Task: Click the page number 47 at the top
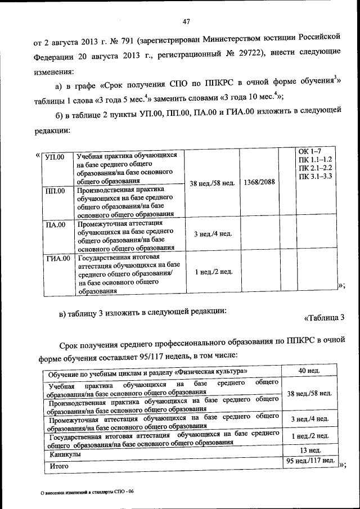pos(187,21)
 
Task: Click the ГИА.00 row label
pos(57,258)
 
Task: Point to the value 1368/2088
pos(259,182)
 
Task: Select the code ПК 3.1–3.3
pos(316,177)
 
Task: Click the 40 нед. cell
pos(309,372)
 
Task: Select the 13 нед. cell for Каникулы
pos(310,451)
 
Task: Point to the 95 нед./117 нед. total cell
pos(309,461)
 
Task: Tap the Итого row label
pos(58,466)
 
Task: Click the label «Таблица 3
pos(323,318)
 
